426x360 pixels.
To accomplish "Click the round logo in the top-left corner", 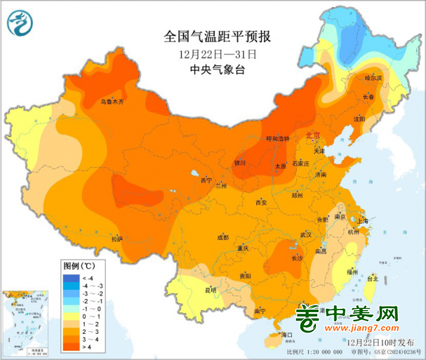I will coord(21,24).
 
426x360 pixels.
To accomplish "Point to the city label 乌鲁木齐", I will coord(111,102).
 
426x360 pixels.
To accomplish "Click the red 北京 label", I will coord(313,136).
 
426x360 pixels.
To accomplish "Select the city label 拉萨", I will coord(117,239).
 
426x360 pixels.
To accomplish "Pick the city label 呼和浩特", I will coord(277,139).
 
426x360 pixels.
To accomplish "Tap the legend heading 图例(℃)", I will coord(79,266).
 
